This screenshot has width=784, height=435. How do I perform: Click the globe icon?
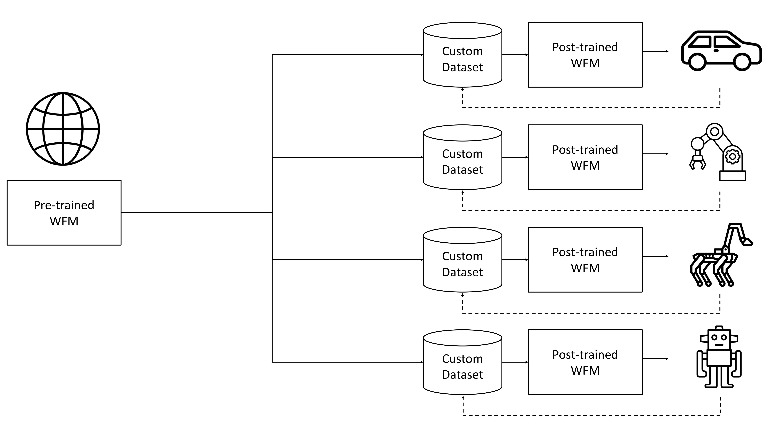click(63, 129)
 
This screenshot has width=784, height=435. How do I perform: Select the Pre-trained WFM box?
click(64, 213)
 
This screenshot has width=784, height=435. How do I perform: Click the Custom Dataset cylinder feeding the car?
click(463, 55)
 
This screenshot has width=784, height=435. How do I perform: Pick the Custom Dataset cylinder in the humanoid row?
click(463, 362)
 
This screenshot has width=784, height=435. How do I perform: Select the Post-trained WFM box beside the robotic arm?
click(585, 157)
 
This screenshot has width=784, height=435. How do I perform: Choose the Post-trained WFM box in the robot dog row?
click(585, 260)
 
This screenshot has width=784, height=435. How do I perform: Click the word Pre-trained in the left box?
click(64, 205)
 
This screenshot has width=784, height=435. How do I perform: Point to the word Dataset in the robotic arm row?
click(463, 170)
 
